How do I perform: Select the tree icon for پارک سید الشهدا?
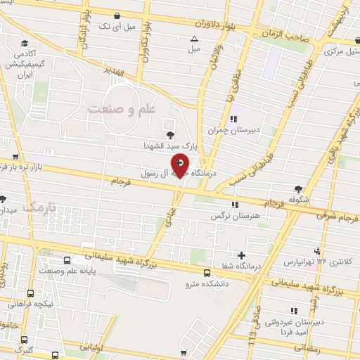pos(169,134)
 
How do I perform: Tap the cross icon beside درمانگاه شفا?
pos(242,255)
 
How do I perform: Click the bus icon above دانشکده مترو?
pos(207,273)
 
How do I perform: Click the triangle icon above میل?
pos(195,39)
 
